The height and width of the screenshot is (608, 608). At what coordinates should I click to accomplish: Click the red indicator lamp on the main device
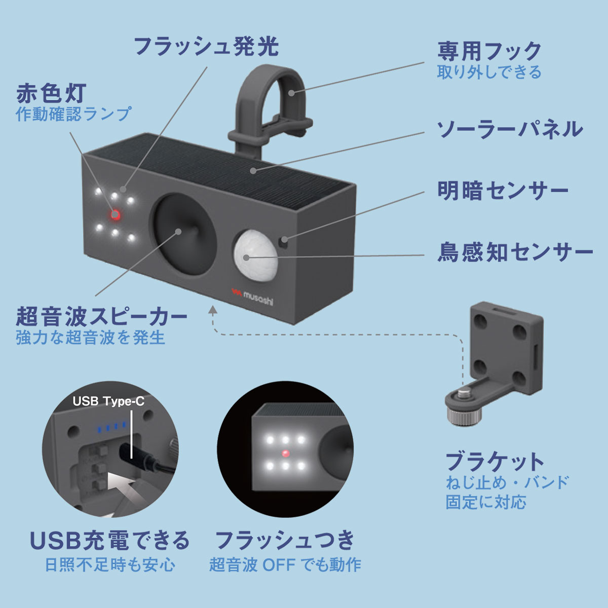coord(115,215)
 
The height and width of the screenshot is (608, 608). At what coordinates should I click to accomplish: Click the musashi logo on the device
coord(252,296)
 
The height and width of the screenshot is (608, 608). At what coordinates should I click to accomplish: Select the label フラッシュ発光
coord(206,47)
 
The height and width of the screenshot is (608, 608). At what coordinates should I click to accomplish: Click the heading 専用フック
coord(489,51)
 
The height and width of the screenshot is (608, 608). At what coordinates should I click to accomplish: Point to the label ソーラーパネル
coord(510,129)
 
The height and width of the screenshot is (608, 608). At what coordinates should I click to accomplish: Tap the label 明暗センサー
coord(502,191)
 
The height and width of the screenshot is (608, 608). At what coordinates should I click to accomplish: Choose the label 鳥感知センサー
coord(515,252)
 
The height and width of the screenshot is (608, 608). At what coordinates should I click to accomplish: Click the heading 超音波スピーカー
coord(102,317)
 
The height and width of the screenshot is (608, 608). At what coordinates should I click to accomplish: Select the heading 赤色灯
coord(51,93)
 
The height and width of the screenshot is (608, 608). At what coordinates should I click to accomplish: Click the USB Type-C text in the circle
coord(108,401)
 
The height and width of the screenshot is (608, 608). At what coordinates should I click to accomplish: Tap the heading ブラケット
coord(495,462)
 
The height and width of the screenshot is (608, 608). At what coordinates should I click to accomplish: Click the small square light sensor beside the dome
coord(283,243)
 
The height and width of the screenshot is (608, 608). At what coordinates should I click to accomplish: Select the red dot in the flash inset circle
coord(286,453)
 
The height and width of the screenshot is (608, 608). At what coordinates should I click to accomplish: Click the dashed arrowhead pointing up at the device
coord(213,310)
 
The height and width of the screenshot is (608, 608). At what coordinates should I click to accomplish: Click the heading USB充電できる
coord(110,540)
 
